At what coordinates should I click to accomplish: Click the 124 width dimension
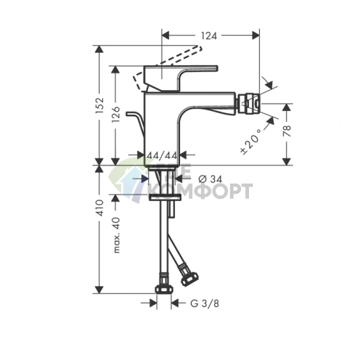210,34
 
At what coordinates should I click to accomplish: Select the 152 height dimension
101,105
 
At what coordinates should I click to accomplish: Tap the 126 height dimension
116,115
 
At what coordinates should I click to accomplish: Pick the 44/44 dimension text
162,155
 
